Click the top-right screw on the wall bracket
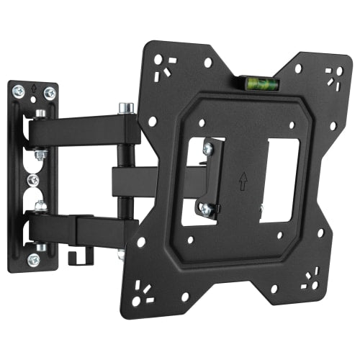[49, 92]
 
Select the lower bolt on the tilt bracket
[207, 209]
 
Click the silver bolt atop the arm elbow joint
[127, 108]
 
